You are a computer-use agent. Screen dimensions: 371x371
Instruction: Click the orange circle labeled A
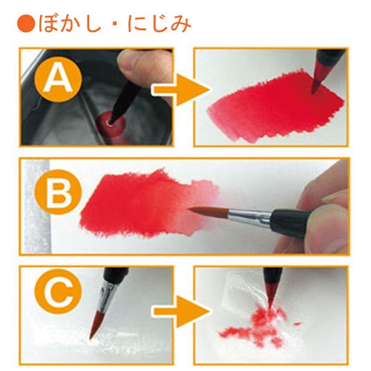59,80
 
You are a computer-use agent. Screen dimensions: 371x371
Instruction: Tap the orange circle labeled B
59,191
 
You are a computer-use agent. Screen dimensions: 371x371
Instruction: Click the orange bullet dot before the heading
26,24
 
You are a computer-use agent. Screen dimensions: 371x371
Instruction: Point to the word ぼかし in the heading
70,24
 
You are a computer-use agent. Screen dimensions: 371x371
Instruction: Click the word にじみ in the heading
160,24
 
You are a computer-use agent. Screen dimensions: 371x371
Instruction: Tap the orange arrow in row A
180,90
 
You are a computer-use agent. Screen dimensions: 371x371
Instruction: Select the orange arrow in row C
180,311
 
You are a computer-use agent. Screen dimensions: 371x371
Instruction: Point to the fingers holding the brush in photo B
324,210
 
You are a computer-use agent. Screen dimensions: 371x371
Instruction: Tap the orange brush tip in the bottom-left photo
97,324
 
